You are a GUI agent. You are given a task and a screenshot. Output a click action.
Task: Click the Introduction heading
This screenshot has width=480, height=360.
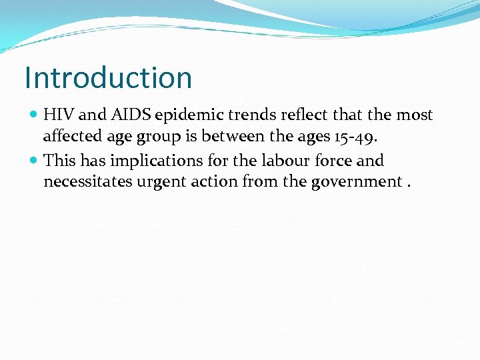[108, 77]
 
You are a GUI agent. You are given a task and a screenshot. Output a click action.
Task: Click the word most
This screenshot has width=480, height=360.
[415, 115]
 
